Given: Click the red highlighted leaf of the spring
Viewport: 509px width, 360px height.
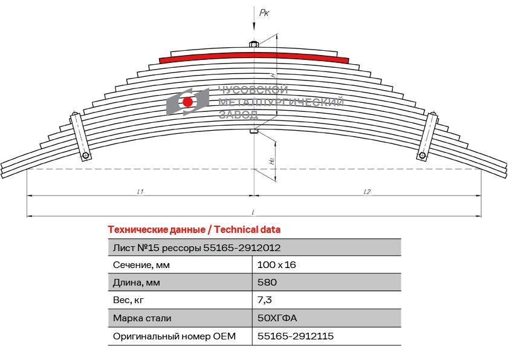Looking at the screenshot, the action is pos(254,56).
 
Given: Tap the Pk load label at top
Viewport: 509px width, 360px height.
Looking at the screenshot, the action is pos(264,13).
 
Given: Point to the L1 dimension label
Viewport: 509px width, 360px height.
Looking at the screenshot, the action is pos(140,192).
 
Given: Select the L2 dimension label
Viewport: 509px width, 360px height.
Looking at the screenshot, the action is pos(367,192).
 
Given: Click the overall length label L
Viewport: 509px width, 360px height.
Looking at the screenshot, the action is pos(253,212).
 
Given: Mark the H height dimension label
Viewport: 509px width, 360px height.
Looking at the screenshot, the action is pos(273,75).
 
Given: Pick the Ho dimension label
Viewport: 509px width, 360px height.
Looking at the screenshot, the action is pos(272,160).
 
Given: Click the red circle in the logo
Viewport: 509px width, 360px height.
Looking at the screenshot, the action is pos(187,102).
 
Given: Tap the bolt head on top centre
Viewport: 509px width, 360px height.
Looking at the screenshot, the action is pos(254,44).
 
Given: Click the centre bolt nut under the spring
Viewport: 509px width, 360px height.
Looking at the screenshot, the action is pos(254,131).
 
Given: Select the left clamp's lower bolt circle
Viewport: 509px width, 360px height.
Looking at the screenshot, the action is pos(85,155).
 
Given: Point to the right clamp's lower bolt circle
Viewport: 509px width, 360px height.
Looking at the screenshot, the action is pos(422,155).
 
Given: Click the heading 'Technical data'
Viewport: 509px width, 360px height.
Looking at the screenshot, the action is pos(247,229).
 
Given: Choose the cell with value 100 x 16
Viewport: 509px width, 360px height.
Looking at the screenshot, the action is pos(277,265).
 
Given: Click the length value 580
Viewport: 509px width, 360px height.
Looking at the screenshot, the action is pos(267,282).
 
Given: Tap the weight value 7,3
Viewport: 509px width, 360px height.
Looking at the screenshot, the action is pos(265,300).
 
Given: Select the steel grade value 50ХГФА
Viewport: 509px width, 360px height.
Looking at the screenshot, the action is pos(277,318).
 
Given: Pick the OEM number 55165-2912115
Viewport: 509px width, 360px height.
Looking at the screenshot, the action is pos(296,336).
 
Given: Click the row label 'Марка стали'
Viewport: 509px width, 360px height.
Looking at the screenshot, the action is pos(142,318).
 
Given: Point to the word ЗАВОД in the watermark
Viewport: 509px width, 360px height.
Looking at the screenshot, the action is pos(239,114).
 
